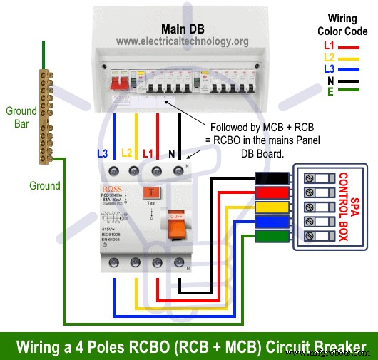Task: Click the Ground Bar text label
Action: (21, 116)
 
